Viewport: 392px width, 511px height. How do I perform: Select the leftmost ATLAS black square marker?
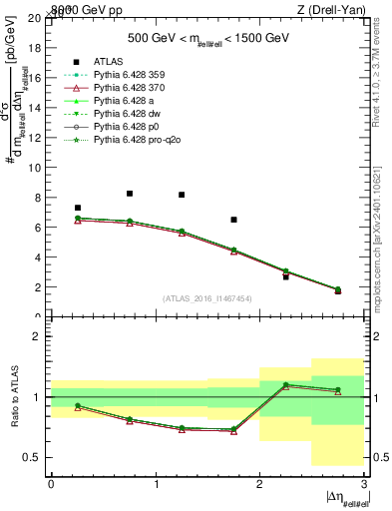[x=78, y=208]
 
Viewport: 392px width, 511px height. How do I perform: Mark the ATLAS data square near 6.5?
[x=233, y=220]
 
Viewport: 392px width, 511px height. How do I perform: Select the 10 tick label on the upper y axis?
[x=37, y=168]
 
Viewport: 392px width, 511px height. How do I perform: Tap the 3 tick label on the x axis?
[x=364, y=483]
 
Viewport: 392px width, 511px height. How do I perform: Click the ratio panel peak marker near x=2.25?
[x=286, y=384]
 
